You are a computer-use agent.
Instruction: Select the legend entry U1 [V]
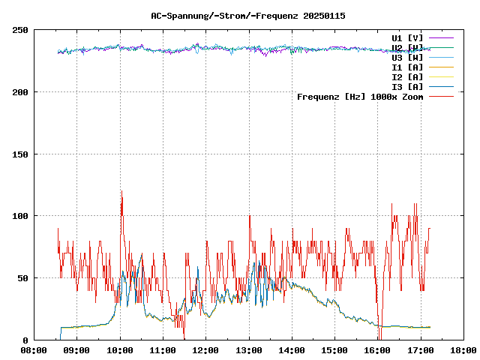407,37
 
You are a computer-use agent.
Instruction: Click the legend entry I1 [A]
407,67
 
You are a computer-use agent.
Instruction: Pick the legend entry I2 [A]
407,76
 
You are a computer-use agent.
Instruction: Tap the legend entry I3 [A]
407,86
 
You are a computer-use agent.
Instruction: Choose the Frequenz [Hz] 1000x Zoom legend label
360,96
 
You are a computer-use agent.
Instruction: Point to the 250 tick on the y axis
20,30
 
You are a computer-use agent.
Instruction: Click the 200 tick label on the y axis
20,92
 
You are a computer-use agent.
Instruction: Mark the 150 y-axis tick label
20,154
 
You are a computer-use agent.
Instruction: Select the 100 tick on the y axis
20,216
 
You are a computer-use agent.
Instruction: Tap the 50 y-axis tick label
22,278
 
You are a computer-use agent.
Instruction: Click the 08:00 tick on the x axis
34,350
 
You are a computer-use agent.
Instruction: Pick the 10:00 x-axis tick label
120,350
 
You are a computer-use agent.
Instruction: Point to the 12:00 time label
205,350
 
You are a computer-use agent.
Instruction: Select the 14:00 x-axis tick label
292,350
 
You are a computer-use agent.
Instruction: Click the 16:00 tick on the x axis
377,350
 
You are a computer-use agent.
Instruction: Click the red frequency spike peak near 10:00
121,191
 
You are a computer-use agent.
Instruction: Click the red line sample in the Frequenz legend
442,96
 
